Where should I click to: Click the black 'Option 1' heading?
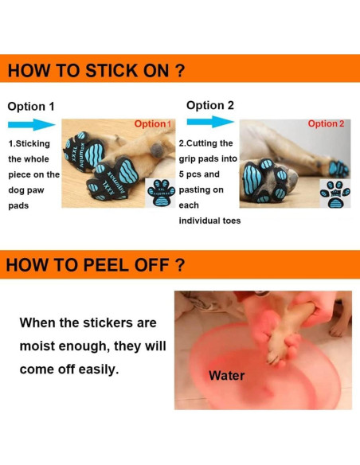(x=31, y=107)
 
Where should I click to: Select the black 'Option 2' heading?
(x=210, y=105)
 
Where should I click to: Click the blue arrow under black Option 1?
(x=32, y=124)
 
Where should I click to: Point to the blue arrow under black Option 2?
(x=210, y=122)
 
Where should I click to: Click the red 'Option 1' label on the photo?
(x=153, y=123)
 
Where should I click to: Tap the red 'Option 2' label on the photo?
(x=326, y=123)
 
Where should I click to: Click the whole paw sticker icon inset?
(x=161, y=193)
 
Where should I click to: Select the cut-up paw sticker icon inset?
(x=335, y=193)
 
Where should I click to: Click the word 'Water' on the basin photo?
(x=226, y=376)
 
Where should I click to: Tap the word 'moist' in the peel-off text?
(x=37, y=346)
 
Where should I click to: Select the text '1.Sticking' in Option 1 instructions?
(x=29, y=144)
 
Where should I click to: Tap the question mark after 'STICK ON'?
(x=179, y=71)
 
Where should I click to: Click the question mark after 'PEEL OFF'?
(x=179, y=265)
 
